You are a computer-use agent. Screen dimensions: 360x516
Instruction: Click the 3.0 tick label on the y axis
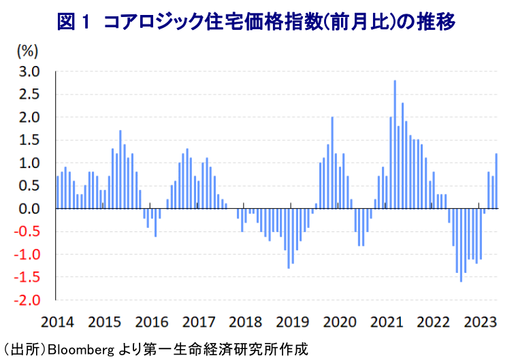point(28,71)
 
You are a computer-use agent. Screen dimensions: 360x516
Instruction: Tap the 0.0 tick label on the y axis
point(28,209)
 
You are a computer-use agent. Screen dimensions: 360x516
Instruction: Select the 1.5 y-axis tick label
point(28,140)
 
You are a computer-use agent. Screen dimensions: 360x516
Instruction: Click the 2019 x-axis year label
point(291,322)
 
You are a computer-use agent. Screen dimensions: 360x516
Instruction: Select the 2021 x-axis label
point(385,322)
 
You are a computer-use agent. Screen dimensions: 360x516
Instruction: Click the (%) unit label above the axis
point(27,50)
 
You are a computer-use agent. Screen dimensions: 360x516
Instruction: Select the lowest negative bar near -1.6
point(461,245)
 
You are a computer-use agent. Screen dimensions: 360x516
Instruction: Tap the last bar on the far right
point(496,181)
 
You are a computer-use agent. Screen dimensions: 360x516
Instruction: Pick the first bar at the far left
point(58,193)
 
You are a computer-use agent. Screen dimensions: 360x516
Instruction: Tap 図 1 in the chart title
point(74,22)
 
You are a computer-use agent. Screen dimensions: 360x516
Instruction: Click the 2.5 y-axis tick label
point(28,95)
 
